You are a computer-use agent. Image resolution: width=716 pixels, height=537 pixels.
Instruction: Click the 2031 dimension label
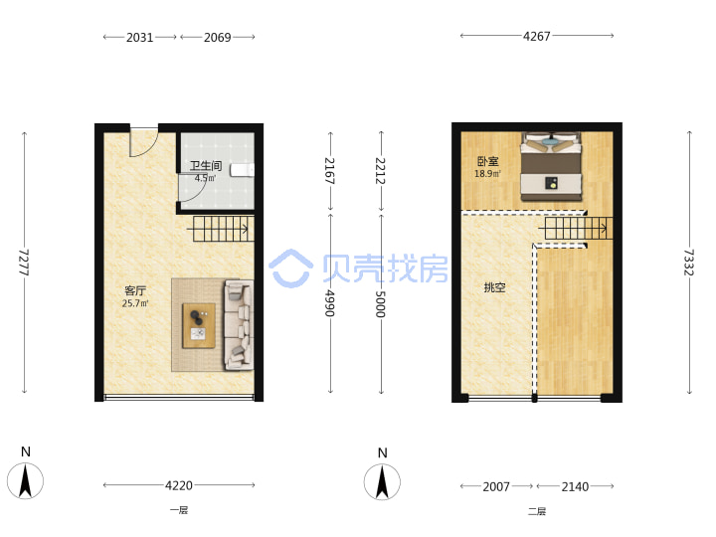140,38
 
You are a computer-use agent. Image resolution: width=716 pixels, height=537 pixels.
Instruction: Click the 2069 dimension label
218,38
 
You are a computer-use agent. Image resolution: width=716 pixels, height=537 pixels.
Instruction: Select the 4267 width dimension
537,36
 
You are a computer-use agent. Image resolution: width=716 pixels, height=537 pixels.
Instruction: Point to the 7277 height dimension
24,263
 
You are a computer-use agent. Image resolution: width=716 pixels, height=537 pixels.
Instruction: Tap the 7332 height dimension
689,263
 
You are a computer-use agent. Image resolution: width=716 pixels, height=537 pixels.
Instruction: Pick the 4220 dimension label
179,485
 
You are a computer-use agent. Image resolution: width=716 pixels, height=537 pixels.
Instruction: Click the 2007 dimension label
496,486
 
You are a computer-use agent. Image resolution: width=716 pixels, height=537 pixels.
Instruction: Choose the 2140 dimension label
575,486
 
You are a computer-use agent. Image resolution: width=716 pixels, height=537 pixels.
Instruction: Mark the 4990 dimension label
330,303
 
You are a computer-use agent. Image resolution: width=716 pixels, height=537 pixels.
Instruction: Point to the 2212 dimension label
380,171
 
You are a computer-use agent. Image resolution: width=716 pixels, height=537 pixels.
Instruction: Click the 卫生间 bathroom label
206,166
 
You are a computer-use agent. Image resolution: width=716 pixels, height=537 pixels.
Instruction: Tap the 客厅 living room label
135,290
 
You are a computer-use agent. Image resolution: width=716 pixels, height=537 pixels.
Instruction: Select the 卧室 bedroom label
487,161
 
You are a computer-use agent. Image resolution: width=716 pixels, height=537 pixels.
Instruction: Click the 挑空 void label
495,287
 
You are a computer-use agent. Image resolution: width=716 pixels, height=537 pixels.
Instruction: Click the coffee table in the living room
199,325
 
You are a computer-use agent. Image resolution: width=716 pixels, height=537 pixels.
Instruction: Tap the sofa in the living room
239,324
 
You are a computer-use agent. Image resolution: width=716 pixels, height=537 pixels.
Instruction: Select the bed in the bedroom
552,167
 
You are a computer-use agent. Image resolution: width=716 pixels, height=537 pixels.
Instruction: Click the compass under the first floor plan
25,481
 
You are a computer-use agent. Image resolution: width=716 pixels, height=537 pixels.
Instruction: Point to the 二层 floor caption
537,511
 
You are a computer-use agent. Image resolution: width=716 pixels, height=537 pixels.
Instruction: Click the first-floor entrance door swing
144,142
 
